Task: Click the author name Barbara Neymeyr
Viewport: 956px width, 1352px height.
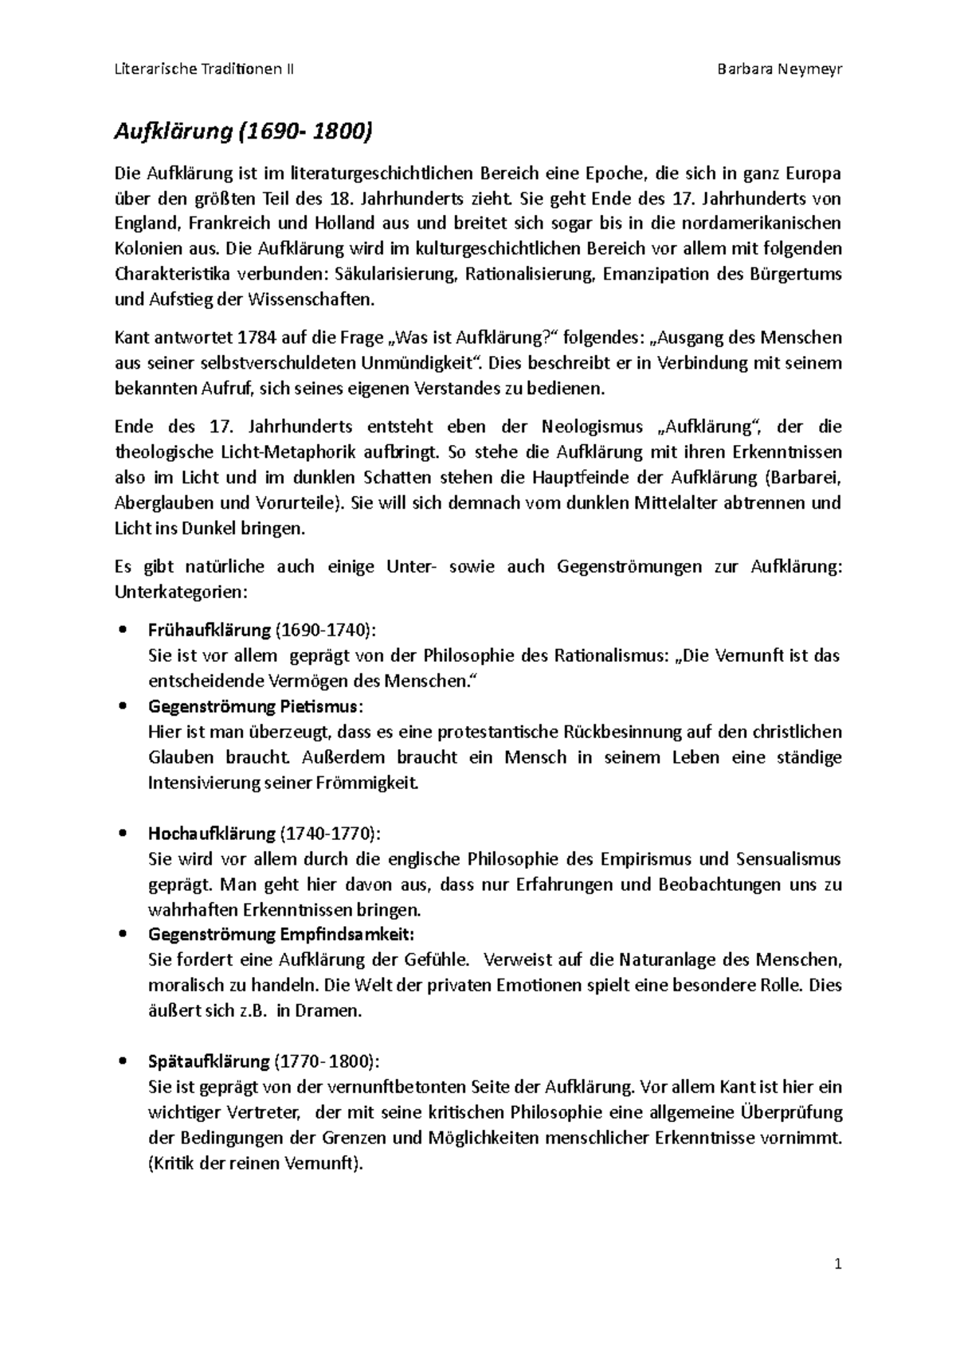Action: pyautogui.click(x=779, y=69)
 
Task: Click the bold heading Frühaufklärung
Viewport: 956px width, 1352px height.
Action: pyautogui.click(x=210, y=630)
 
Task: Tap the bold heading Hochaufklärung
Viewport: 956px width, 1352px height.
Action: pyautogui.click(x=212, y=834)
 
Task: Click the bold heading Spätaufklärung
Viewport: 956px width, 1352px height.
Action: pyautogui.click(x=209, y=1061)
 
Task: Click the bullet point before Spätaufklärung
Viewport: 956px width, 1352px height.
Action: pyautogui.click(x=122, y=1061)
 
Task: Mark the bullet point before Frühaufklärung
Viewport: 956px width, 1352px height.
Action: pyautogui.click(x=122, y=630)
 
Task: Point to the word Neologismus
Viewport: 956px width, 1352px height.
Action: pyautogui.click(x=592, y=427)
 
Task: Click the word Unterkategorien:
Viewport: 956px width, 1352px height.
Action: pyautogui.click(x=182, y=592)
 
